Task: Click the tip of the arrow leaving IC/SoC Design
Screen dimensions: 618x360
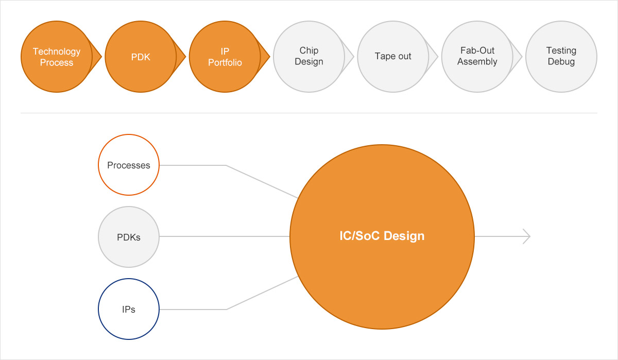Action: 530,236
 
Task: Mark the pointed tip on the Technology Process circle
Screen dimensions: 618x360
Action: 101,57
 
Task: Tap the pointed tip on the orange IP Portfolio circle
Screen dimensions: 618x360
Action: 269,57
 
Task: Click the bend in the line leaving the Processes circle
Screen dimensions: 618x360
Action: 226,165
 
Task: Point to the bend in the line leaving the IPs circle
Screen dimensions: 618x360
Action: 226,309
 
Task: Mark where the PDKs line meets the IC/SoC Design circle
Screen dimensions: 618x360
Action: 289,236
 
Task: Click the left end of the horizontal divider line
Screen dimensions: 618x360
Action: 21,113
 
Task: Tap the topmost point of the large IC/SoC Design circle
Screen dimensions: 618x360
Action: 382,145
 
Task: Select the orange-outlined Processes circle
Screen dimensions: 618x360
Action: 129,165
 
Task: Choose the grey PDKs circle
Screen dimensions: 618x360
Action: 129,237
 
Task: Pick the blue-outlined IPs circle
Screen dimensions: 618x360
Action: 129,309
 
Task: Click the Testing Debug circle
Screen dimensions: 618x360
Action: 561,57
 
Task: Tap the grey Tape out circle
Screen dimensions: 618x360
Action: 393,57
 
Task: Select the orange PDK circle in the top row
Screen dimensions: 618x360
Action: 141,57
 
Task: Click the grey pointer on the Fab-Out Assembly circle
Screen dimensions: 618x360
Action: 517,57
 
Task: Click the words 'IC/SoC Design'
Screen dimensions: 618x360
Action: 382,236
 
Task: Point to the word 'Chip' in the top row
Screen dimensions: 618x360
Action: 309,50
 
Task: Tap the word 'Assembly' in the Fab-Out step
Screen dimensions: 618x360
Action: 477,61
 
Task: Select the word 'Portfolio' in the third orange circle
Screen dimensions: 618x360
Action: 225,63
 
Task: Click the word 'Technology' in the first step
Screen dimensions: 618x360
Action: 57,52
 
